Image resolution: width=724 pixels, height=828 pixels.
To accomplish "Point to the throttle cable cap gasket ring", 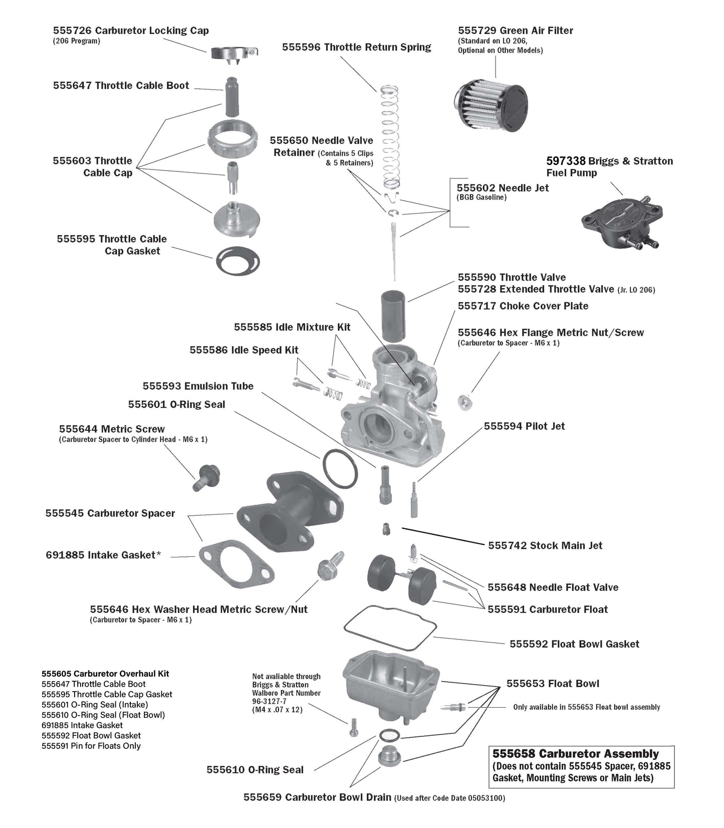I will [238, 260].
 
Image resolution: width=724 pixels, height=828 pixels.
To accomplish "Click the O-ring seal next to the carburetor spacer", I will [339, 469].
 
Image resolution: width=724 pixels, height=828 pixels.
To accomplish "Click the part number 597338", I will [566, 161].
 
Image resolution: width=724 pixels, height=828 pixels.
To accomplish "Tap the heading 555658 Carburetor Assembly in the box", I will [576, 753].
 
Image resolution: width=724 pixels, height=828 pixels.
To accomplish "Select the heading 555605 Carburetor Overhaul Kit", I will [105, 674].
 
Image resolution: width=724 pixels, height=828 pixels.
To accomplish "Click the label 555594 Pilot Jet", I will [524, 426].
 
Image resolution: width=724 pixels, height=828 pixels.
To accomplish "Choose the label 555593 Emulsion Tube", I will [198, 386].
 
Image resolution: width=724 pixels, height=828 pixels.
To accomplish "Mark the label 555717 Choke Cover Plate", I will [523, 306].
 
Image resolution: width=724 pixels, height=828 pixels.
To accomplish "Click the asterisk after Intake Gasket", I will [159, 554].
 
